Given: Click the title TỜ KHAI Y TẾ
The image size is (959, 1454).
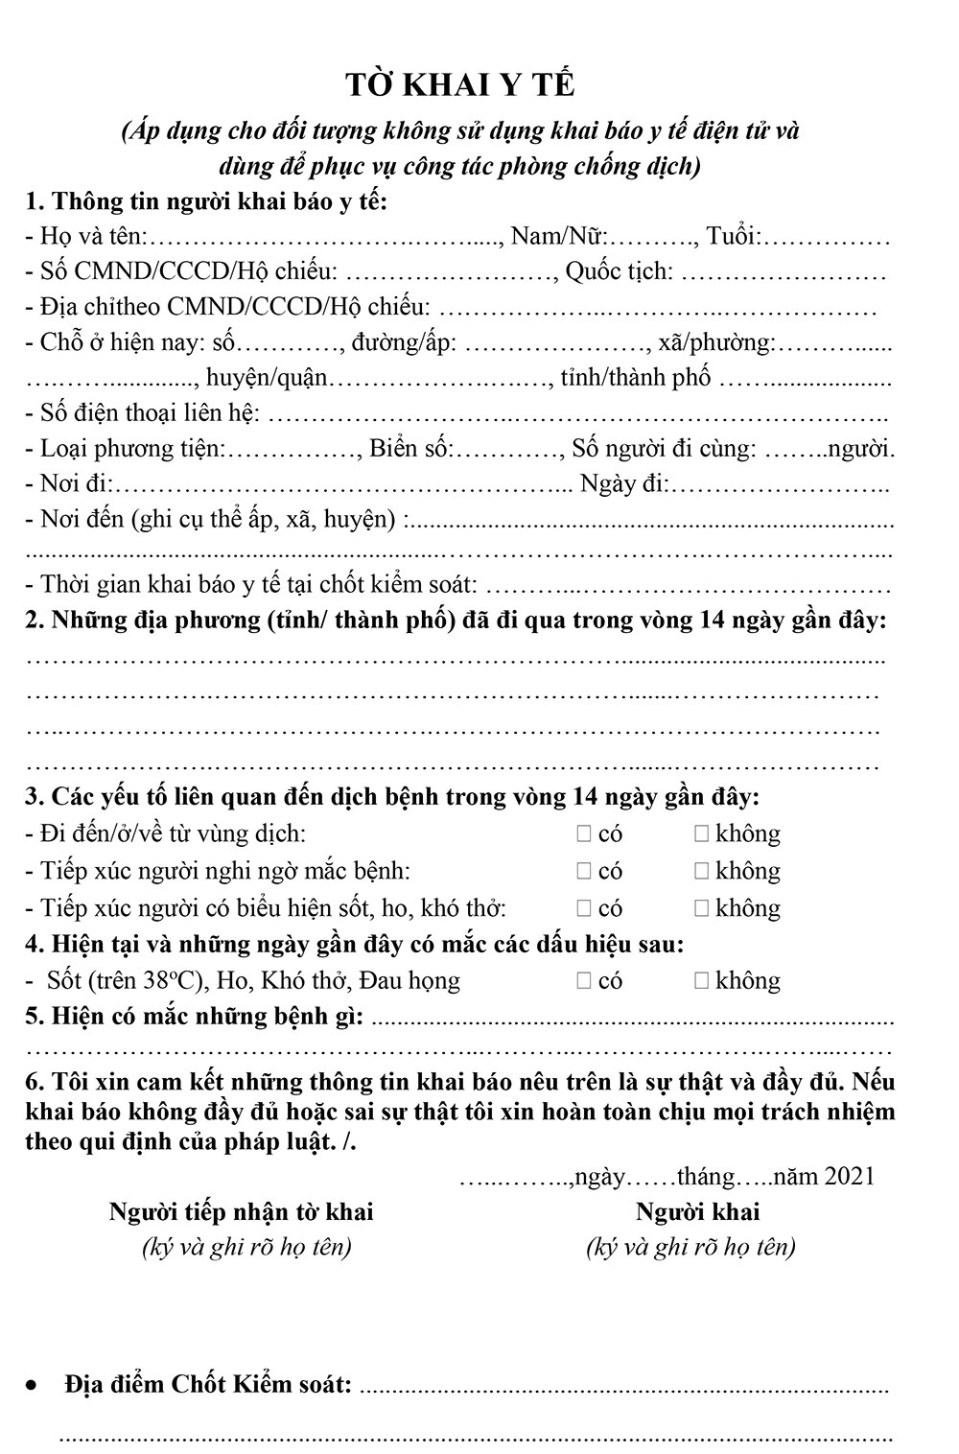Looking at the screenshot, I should (460, 85).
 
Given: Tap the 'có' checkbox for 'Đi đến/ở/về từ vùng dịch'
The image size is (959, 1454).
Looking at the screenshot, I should (584, 833).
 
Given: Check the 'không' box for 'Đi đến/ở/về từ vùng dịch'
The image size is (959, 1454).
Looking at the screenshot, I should (701, 833).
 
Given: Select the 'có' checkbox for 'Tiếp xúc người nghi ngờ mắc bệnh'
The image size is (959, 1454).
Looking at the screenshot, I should (584, 871).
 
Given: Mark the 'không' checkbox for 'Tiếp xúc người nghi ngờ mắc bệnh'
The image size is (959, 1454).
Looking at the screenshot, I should (701, 871).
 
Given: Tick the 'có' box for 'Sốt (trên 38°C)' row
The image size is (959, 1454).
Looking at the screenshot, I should (584, 980).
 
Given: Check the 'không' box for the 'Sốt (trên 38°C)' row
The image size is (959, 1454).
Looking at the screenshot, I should (701, 980).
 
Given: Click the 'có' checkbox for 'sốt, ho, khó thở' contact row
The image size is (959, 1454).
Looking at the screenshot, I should (584, 907).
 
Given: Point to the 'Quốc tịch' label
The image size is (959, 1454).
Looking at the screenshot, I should (619, 271).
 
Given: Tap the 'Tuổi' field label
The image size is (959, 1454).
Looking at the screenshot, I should (734, 236).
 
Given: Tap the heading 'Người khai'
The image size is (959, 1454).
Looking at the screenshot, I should (697, 1211).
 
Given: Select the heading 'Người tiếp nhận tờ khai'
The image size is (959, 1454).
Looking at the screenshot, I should (241, 1211).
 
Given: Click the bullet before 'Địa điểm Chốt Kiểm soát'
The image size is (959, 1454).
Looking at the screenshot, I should (34, 1386).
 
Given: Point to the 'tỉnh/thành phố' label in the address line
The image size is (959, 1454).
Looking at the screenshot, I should (636, 378).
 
